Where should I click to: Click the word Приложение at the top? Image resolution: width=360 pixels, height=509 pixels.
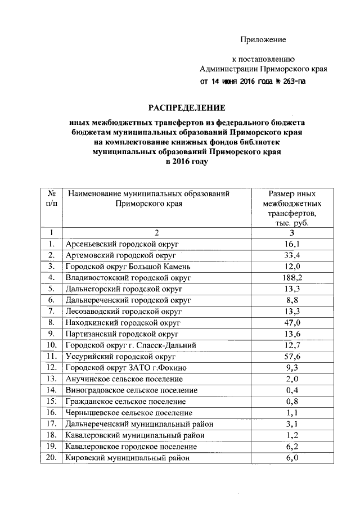[x=263, y=39]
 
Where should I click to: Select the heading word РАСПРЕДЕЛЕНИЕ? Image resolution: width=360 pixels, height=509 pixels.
[x=186, y=107]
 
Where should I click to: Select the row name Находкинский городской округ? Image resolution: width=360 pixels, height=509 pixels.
[x=122, y=322]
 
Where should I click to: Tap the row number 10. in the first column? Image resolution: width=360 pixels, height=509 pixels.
[x=51, y=345]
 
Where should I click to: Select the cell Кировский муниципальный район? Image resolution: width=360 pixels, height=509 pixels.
[x=126, y=458]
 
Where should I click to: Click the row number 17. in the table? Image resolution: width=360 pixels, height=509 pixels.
[x=51, y=424]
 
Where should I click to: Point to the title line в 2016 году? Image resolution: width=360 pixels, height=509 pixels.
[x=186, y=161]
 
